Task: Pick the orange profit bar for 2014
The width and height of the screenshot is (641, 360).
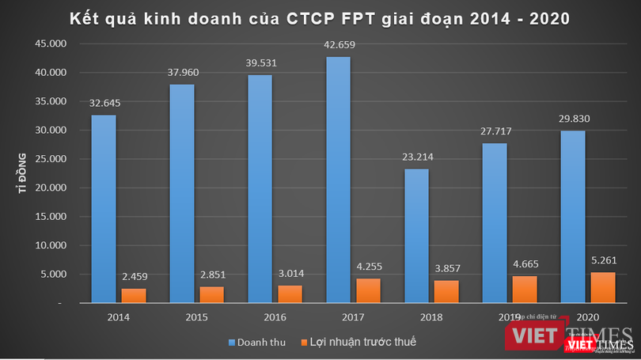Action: pos(133,295)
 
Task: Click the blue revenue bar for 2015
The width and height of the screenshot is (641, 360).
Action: pos(181,193)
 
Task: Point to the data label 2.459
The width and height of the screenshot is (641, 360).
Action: pos(133,276)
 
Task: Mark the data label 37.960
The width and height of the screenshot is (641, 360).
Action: pos(181,72)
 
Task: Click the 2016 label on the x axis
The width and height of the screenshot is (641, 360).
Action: pos(275,317)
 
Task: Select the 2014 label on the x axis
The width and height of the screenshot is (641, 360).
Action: pos(118,317)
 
